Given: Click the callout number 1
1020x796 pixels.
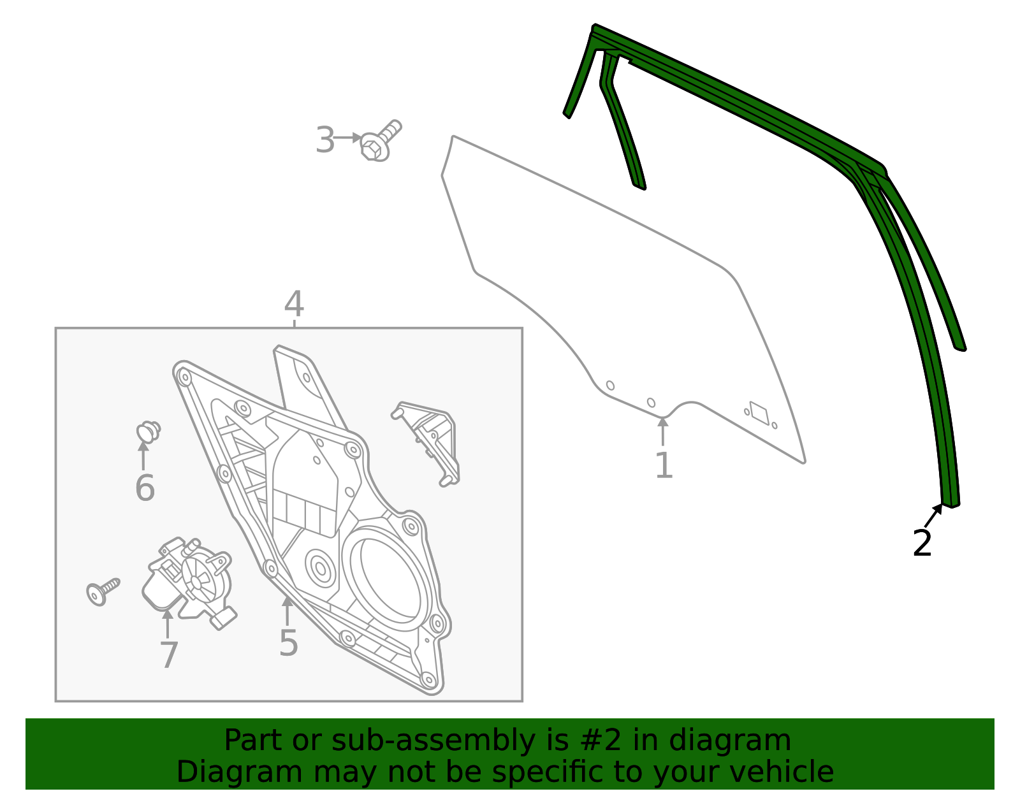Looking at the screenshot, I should pyautogui.click(x=664, y=466).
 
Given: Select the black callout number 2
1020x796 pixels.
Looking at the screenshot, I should pyautogui.click(x=922, y=544).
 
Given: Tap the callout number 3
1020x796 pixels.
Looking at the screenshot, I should pyautogui.click(x=324, y=140).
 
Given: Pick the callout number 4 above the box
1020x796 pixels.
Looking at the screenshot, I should pyautogui.click(x=294, y=305).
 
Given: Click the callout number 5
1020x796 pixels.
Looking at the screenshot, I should pyautogui.click(x=288, y=643).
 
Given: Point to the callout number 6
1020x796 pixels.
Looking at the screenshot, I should pyautogui.click(x=145, y=488).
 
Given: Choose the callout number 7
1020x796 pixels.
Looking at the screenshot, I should pyautogui.click(x=168, y=655).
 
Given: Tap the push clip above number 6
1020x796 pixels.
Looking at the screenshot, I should pyautogui.click(x=148, y=432).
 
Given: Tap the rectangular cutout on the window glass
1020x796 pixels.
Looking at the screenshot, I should pyautogui.click(x=759, y=412).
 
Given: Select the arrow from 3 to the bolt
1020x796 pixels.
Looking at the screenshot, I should pyautogui.click(x=347, y=138).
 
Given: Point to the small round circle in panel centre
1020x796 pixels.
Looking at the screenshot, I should pyautogui.click(x=320, y=567).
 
